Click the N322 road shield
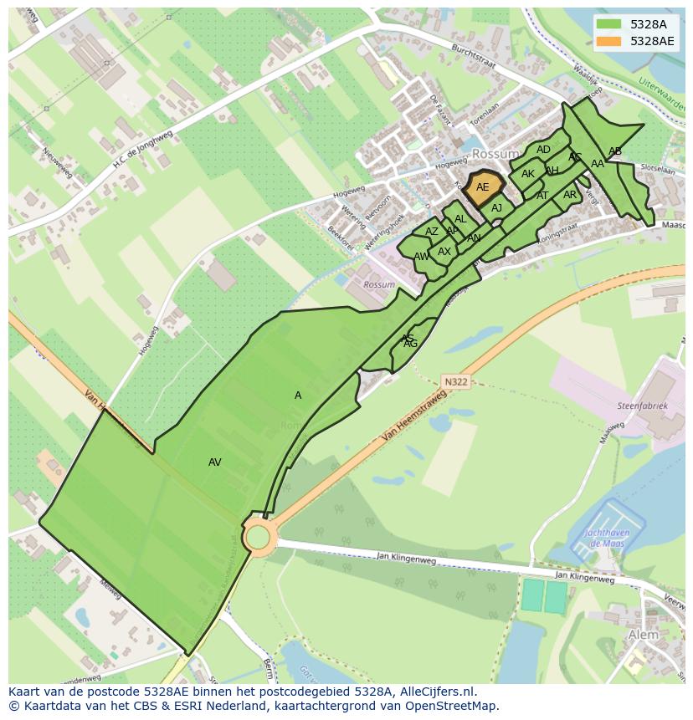(x=455, y=382)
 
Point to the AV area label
(x=215, y=462)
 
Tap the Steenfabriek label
(x=643, y=406)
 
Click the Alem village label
(x=643, y=635)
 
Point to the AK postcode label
(x=528, y=174)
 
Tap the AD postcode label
(x=544, y=151)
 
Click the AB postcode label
(x=615, y=151)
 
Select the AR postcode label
(x=570, y=195)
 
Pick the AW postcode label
(x=421, y=257)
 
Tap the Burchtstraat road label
(x=475, y=60)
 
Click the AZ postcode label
(x=432, y=232)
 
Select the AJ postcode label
(x=496, y=208)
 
